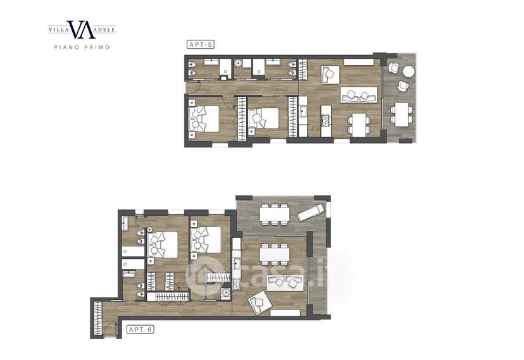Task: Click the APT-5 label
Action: [x=200, y=44]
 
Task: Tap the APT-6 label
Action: [x=140, y=330]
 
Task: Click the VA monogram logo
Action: [x=81, y=29]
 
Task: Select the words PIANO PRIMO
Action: [x=82, y=47]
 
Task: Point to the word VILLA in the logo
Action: [x=58, y=30]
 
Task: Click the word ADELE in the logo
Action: [x=105, y=30]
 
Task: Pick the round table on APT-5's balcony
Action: [x=408, y=71]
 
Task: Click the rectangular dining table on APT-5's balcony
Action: [x=402, y=115]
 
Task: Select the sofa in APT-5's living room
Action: [x=359, y=95]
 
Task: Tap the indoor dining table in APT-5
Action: [x=359, y=125]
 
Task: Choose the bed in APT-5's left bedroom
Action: [x=204, y=118]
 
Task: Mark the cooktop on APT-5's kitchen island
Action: [x=325, y=120]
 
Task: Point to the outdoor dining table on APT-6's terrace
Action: [x=275, y=214]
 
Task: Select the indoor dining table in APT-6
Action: [x=275, y=254]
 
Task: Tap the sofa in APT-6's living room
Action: [x=284, y=283]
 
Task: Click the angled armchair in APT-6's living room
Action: [x=259, y=302]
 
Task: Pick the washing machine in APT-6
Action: [x=226, y=293]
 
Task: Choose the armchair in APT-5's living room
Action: [x=330, y=75]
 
